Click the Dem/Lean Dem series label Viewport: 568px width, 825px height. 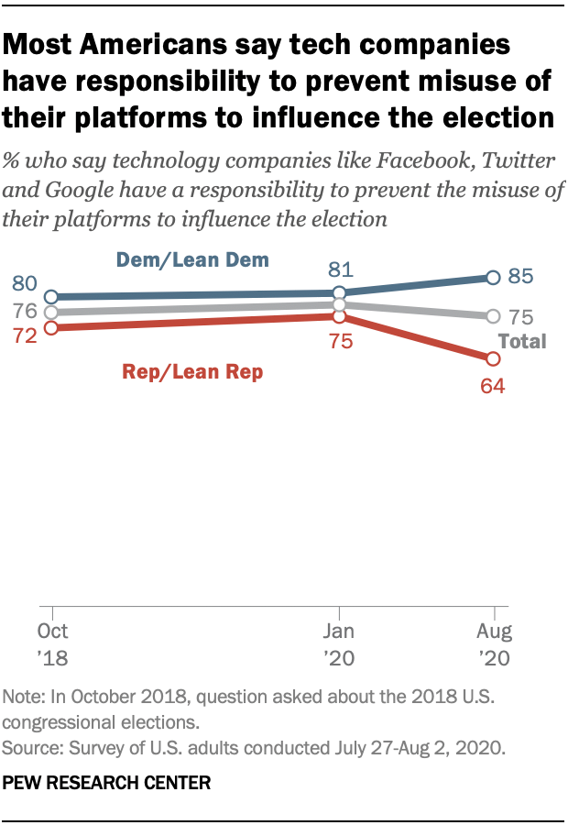click(192, 260)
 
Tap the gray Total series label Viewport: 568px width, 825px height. click(521, 342)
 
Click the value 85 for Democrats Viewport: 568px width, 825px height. click(520, 277)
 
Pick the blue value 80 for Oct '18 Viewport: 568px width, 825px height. click(24, 284)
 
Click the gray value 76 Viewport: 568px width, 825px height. click(24, 311)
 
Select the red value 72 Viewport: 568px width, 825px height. click(24, 335)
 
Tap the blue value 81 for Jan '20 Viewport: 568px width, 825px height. click(340, 269)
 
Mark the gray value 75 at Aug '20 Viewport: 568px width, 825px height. click(520, 317)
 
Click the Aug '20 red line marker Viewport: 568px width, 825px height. click(494, 357)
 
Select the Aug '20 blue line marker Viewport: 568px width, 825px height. click(494, 277)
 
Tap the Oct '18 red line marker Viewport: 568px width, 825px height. click(52, 327)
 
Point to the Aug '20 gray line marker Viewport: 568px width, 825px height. click(494, 316)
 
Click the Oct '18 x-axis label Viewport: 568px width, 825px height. click(52, 644)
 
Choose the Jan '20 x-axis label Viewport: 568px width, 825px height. click(340, 644)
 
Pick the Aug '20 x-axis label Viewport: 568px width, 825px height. click(495, 644)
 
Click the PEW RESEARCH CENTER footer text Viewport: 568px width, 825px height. click(107, 783)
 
